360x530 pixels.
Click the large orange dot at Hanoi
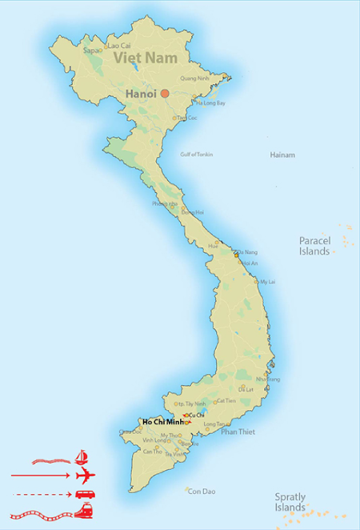pos(165,94)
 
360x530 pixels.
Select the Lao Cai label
pos(119,46)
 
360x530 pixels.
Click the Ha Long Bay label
pos(210,103)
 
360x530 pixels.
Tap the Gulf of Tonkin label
pos(197,154)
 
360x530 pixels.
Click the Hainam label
pos(282,155)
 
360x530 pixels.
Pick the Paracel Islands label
pos(314,246)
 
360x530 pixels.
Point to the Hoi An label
pos(249,263)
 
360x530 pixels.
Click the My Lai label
pos(267,282)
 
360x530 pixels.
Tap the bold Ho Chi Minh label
pos(162,422)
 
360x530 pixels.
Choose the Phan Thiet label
pos(238,432)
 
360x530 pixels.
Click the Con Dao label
pos(200,491)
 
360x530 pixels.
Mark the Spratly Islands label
pos(290,502)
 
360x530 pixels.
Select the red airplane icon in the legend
pos(83,476)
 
